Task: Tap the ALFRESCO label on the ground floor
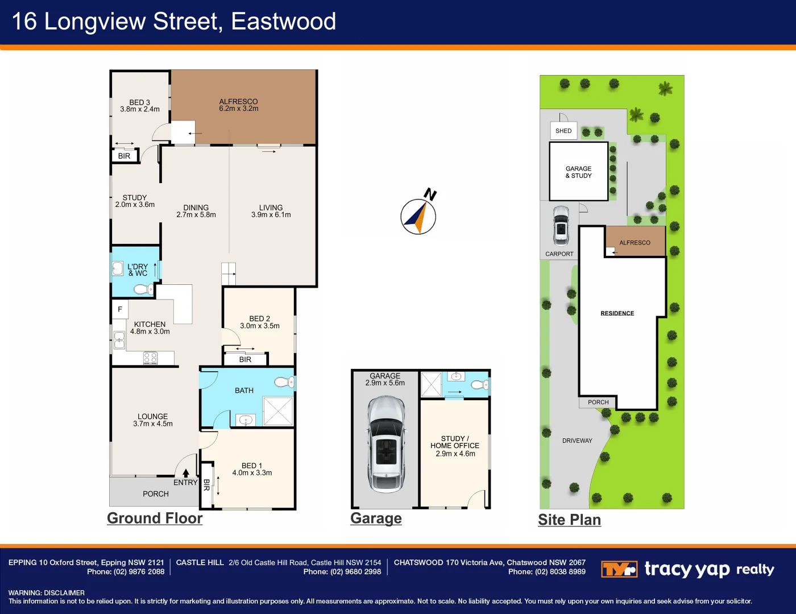point(238,105)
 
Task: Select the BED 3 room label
point(140,106)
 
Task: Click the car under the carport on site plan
point(561,225)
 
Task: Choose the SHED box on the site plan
point(563,131)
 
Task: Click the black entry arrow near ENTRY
point(186,472)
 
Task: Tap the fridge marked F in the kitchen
point(120,309)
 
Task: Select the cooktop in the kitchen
point(150,358)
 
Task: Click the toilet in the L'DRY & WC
point(140,290)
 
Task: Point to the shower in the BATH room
point(278,410)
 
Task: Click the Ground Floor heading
point(155,518)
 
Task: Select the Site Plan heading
point(569,520)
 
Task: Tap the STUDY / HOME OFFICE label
point(455,446)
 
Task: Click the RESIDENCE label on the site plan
point(617,313)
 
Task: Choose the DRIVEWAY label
point(577,441)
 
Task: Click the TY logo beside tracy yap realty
point(619,569)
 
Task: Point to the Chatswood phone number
point(546,572)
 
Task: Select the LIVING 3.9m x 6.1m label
point(271,211)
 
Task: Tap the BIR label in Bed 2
point(245,359)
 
